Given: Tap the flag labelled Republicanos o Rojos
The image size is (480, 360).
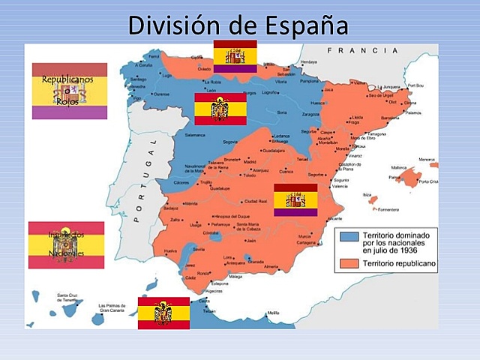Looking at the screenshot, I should [69, 91].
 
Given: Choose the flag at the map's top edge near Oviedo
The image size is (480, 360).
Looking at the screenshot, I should [235, 56].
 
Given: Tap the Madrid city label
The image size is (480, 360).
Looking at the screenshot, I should [250, 162].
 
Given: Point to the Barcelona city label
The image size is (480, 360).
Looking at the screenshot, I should [389, 118].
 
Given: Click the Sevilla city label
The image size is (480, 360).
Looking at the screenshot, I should [199, 248].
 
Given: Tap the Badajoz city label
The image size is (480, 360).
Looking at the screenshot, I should [171, 208].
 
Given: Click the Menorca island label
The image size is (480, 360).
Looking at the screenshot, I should [427, 159].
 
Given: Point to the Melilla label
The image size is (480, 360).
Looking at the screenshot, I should [272, 313].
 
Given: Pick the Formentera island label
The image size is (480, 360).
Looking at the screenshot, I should [388, 209].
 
